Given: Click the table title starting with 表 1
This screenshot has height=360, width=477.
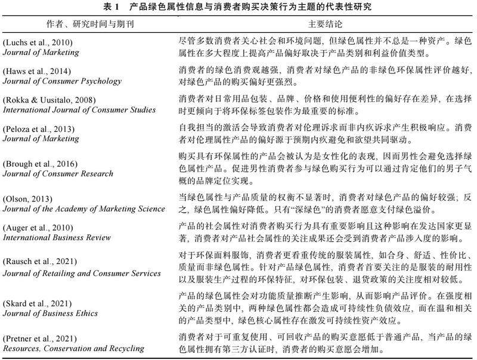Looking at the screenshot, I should click(x=238, y=7).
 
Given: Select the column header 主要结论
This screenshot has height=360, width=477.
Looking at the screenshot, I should click(x=324, y=25).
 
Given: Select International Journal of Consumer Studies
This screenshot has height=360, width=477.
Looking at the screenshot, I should click(x=79, y=110).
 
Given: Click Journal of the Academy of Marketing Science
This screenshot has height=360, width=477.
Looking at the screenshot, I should click(x=83, y=209).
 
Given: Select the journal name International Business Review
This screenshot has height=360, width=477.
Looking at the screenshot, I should click(x=56, y=238).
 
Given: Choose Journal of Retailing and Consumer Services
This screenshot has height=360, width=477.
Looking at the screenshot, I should click(x=82, y=273).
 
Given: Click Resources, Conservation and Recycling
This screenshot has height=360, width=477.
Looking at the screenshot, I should click(x=73, y=348).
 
